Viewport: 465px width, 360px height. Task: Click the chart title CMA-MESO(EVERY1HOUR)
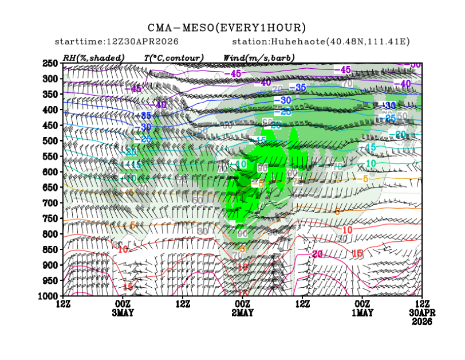(227, 28)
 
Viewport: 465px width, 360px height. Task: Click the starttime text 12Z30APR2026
(117, 42)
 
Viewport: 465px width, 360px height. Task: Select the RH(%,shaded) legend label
(95, 58)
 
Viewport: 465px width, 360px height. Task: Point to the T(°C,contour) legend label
(174, 58)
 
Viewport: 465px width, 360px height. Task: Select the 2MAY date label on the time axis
(243, 313)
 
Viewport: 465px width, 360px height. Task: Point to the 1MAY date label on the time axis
(362, 313)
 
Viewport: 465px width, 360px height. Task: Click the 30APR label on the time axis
(421, 313)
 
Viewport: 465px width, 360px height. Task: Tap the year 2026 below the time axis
(421, 322)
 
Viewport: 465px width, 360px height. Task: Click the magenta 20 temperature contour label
(319, 253)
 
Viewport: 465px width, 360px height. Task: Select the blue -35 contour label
(298, 87)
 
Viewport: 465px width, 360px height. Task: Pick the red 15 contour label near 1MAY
(357, 253)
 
